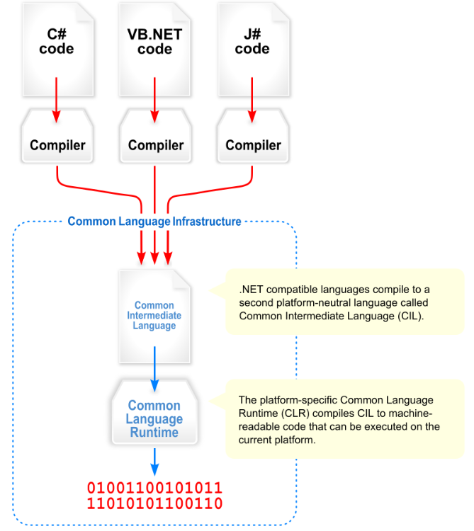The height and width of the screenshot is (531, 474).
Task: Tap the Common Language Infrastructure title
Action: pyautogui.click(x=154, y=222)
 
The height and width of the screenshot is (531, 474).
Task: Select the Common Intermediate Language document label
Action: pyautogui.click(x=154, y=316)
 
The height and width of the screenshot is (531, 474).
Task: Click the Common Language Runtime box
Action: pyautogui.click(x=154, y=418)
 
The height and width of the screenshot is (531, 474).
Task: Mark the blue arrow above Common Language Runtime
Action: pyautogui.click(x=154, y=375)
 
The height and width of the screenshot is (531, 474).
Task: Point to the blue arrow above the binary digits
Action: pyautogui.click(x=154, y=464)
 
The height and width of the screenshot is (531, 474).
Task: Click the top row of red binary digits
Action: pyautogui.click(x=154, y=489)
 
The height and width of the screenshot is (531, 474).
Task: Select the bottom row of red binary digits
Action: pyautogui.click(x=154, y=503)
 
